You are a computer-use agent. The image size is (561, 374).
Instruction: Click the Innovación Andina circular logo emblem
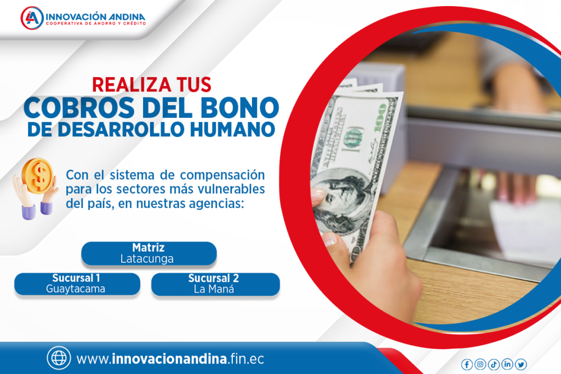[32, 18]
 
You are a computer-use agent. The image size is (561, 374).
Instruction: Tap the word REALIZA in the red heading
[127, 85]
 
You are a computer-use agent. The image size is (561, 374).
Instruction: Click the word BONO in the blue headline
[240, 108]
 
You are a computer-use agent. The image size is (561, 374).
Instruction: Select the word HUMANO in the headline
[232, 129]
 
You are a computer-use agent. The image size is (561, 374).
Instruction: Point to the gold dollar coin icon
[37, 176]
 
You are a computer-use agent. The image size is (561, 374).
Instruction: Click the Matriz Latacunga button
[149, 254]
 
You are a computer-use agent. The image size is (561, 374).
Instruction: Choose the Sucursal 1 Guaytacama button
[77, 284]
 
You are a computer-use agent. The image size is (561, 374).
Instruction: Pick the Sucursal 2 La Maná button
[215, 284]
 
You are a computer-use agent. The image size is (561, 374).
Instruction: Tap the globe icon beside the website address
[59, 358]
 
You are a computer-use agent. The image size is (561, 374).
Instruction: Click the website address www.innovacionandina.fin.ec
[170, 359]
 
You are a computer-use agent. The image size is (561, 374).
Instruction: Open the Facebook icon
[467, 364]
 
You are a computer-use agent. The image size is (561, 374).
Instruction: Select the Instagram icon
[480, 364]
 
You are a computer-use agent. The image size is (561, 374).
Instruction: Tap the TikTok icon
[494, 364]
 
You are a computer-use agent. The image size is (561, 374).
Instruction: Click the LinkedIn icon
[507, 364]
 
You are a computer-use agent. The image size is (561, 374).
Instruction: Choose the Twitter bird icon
[521, 364]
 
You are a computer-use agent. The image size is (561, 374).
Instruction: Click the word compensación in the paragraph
[222, 175]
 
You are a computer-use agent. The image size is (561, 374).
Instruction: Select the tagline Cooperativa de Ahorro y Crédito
[96, 24]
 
